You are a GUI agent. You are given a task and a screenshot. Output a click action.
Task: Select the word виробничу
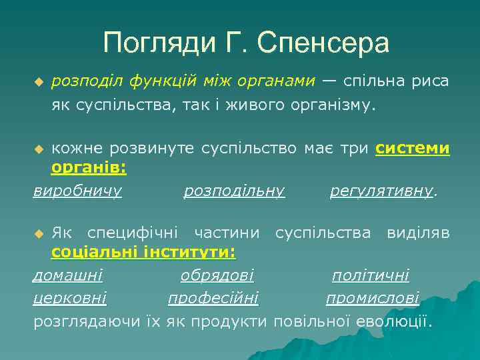[x=77, y=191]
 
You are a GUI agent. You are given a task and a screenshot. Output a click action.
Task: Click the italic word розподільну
[x=234, y=191]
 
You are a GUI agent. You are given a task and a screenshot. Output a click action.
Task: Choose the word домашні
[x=67, y=275]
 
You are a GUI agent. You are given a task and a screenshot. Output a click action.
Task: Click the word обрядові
[x=217, y=275]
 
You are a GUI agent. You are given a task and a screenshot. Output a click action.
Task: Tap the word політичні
[x=371, y=275]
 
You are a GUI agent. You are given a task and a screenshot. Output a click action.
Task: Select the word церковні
[x=70, y=298]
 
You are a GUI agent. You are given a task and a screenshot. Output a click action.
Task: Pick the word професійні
[x=213, y=298]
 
